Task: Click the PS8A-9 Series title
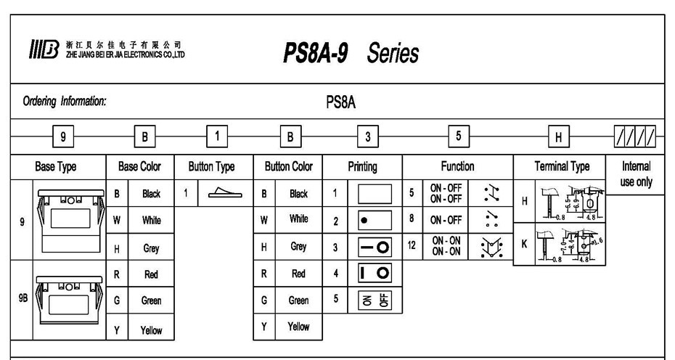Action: [x=351, y=53]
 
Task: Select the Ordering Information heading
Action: [x=65, y=102]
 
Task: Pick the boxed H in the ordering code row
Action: [x=558, y=135]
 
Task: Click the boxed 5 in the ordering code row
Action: [x=458, y=135]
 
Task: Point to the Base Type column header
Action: [x=56, y=166]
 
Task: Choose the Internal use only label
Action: [x=636, y=174]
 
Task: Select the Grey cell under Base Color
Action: [x=151, y=247]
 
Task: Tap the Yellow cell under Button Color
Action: [x=298, y=327]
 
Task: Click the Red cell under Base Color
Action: [x=151, y=274]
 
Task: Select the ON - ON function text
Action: [x=446, y=246]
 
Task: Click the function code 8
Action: [x=412, y=219]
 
